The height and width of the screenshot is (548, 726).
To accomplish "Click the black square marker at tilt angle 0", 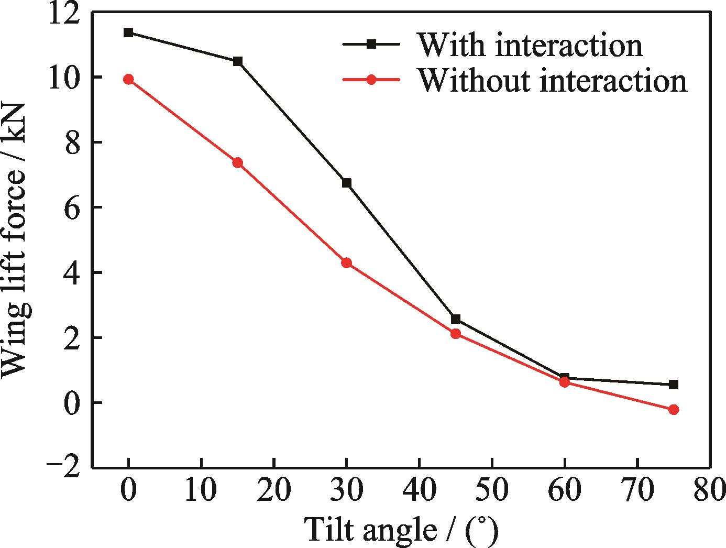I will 128,32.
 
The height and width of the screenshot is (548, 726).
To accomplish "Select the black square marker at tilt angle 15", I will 238,61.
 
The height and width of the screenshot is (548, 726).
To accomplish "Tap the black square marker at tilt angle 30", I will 346,183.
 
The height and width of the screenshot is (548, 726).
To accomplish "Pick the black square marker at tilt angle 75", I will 674,385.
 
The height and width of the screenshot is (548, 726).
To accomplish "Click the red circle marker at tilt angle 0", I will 128,79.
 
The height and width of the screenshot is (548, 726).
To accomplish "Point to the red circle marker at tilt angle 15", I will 238,162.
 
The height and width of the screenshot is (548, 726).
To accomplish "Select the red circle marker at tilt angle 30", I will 346,262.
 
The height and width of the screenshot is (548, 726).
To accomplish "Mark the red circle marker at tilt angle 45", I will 456,334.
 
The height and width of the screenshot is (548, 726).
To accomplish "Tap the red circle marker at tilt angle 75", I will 674,409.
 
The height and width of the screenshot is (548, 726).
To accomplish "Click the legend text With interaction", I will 530,45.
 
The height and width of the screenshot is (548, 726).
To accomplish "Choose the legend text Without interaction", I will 552,81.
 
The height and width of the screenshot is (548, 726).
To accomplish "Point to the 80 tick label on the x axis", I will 709,490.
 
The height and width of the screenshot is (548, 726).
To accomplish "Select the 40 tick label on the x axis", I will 419,490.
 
